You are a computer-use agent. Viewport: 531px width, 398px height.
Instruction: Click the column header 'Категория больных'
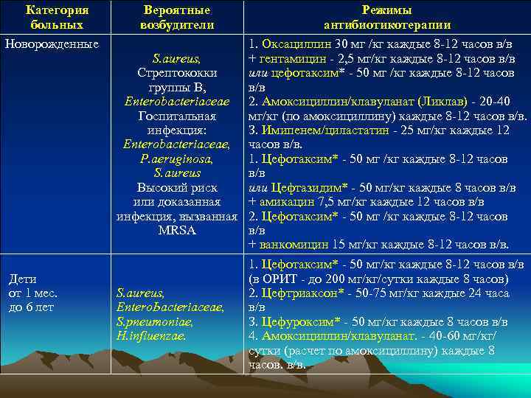click(57, 18)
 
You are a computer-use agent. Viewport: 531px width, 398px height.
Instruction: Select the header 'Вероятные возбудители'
click(177, 18)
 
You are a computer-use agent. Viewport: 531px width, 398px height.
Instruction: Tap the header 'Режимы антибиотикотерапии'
click(386, 18)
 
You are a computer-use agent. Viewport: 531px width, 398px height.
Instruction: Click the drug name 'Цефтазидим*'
click(300, 187)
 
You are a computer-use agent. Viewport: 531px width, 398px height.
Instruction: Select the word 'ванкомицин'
click(291, 245)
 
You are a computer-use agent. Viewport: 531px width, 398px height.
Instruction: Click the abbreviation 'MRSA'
click(177, 230)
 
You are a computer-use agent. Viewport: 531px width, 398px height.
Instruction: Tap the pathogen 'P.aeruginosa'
click(177, 158)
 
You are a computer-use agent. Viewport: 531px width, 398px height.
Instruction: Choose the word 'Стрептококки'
click(177, 73)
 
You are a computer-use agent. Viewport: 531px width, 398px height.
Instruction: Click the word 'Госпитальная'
click(177, 116)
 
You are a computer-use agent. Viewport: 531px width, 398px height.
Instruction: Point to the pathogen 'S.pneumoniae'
click(151, 321)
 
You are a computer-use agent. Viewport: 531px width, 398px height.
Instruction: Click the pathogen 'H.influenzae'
click(151, 335)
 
